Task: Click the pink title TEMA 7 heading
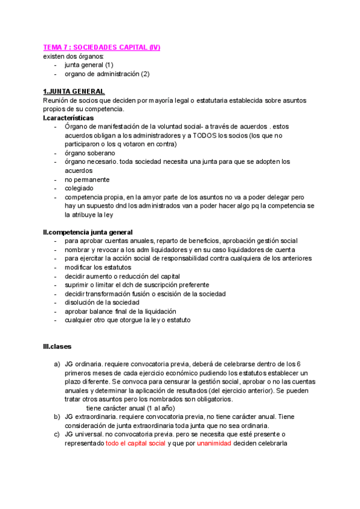(101, 47)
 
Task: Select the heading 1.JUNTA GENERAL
(74, 91)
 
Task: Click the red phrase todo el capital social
(136, 444)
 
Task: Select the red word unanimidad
(215, 444)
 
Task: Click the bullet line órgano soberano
(89, 152)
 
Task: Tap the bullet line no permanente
(88, 179)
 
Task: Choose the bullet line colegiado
(79, 188)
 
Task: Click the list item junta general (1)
(89, 65)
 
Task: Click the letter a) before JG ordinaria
(57, 364)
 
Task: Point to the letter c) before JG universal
(57, 435)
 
